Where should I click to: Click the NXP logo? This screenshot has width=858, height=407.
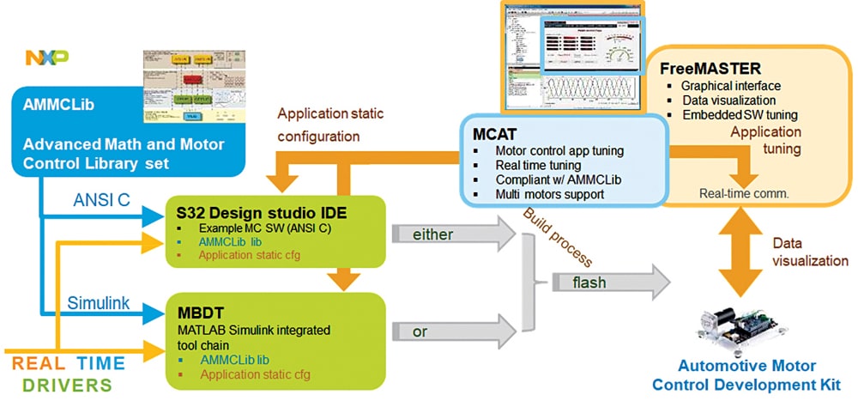46,58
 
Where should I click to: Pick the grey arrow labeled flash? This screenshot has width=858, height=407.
609,281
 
